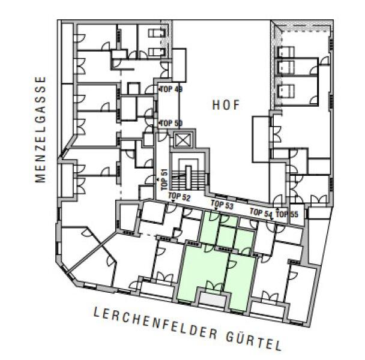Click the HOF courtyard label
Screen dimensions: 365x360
pyautogui.click(x=226, y=105)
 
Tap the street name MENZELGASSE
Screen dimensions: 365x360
pyautogui.click(x=40, y=130)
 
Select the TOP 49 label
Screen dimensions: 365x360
pyautogui.click(x=172, y=89)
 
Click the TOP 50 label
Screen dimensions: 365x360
pyautogui.click(x=172, y=123)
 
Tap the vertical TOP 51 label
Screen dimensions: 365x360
pyautogui.click(x=164, y=179)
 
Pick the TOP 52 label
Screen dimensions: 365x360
pyautogui.click(x=179, y=197)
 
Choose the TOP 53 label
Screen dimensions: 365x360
pyautogui.click(x=222, y=205)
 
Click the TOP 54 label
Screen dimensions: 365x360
pyautogui.click(x=261, y=212)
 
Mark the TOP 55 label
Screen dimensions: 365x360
pyautogui.click(x=287, y=214)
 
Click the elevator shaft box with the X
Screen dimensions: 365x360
pyautogui.click(x=182, y=140)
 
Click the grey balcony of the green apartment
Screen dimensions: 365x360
pyautogui.click(x=213, y=299)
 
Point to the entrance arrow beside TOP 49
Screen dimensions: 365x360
pyautogui.click(x=160, y=89)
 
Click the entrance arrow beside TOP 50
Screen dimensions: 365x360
pyautogui.click(x=160, y=122)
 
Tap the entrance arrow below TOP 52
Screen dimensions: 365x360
pyautogui.click(x=173, y=201)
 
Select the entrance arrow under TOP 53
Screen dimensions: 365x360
pyautogui.click(x=216, y=209)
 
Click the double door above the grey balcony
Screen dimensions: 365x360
pyautogui.click(x=214, y=286)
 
